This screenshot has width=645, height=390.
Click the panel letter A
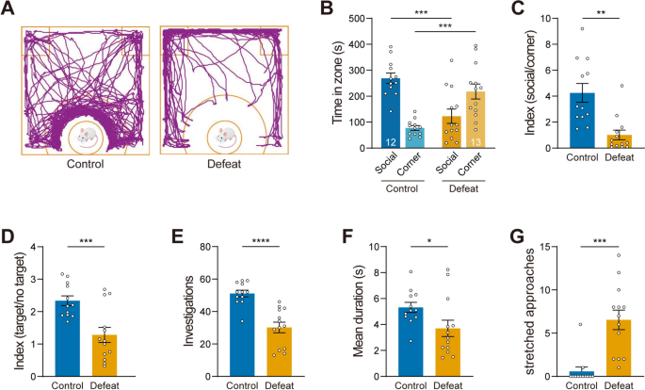[9, 10]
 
